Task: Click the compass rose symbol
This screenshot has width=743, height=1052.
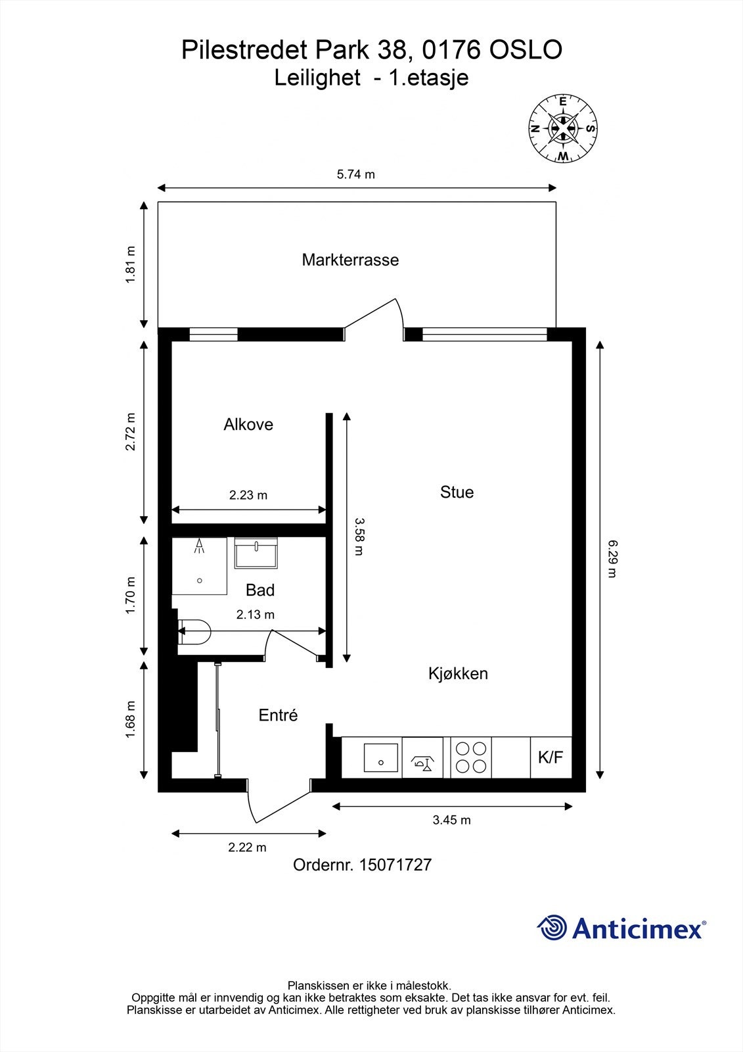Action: (563, 129)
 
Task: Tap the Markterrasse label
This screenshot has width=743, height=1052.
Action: (350, 260)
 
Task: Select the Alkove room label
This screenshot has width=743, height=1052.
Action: (248, 425)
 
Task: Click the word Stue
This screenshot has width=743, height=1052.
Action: (457, 492)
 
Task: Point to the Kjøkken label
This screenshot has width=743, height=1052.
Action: (458, 673)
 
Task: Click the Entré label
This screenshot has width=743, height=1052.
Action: (279, 715)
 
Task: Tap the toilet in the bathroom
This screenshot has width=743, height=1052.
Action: (194, 632)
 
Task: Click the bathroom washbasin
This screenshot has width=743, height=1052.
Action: (256, 553)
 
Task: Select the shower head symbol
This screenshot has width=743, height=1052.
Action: (200, 546)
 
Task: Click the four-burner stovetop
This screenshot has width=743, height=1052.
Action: (471, 757)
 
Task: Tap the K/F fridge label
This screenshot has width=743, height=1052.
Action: (551, 757)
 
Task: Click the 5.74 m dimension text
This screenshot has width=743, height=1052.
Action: (356, 175)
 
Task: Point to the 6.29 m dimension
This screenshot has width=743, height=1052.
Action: (612, 559)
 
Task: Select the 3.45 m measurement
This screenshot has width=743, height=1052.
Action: (451, 820)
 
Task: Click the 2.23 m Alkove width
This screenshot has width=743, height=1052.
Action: (248, 495)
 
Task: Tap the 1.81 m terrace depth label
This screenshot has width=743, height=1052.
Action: (131, 264)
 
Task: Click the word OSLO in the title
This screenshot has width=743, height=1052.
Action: (526, 50)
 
